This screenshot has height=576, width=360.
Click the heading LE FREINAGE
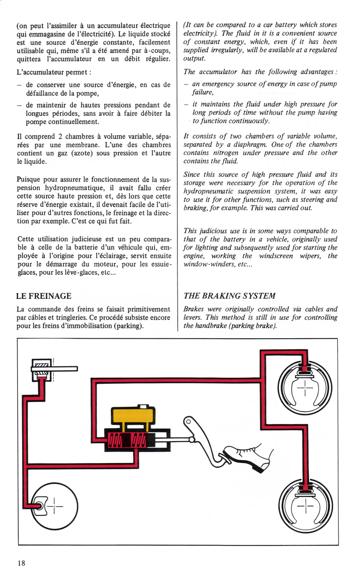click(44, 296)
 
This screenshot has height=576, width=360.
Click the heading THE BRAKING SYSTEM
click(229, 296)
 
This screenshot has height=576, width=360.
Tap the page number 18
click(22, 563)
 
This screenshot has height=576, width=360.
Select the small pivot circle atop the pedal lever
click(189, 422)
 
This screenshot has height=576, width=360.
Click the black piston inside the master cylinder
click(126, 440)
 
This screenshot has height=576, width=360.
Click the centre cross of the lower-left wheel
click(54, 506)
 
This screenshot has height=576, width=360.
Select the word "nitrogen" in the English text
click(224, 153)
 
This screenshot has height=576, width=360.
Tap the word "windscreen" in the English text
click(276, 256)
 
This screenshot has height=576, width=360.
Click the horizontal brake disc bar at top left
click(54, 369)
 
